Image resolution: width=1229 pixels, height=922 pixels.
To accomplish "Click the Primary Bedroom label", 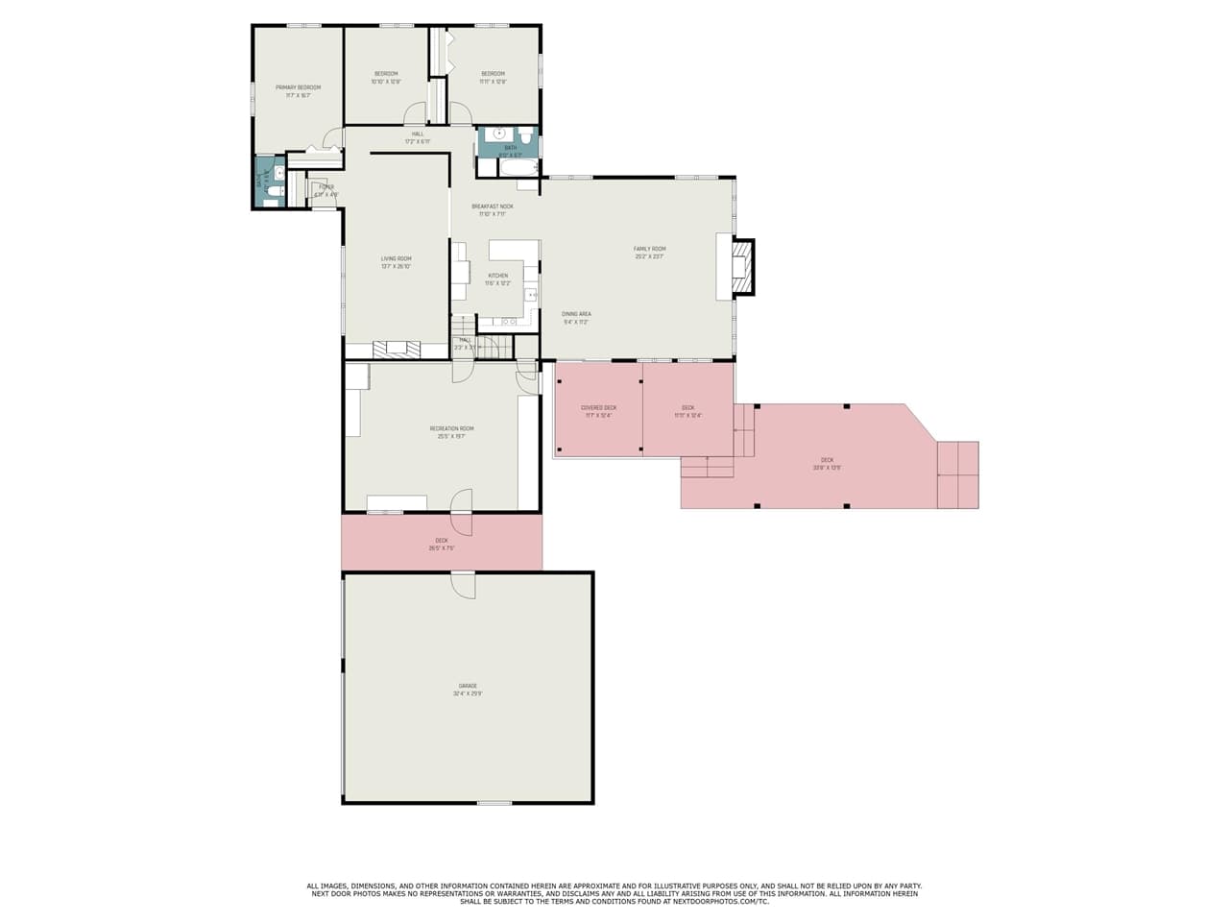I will coord(298,91).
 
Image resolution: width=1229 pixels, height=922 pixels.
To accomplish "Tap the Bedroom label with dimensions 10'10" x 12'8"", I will coord(386,78).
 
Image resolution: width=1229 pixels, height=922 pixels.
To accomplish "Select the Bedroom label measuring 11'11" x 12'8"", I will coord(493,78).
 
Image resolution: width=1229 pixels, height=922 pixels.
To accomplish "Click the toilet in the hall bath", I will coord(525,136).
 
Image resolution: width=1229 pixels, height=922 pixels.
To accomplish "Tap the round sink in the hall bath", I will coord(498,134).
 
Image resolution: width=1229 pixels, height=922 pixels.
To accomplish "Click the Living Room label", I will coord(396,262).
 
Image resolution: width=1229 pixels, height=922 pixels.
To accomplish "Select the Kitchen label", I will coord(497,279).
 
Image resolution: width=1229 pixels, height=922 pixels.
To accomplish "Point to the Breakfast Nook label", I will coord(492,210).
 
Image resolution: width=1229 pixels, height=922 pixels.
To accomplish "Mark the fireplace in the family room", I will coord(739,266).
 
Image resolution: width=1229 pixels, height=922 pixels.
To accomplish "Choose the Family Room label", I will coord(649,253).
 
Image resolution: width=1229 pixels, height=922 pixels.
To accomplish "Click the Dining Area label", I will coord(576,318).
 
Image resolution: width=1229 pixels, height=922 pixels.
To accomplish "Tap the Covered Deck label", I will coord(598,412).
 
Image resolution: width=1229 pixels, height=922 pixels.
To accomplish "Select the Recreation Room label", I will coord(451,432).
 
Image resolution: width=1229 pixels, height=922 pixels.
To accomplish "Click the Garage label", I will coord(468,690).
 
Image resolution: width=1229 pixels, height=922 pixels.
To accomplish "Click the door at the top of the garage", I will coord(463,584).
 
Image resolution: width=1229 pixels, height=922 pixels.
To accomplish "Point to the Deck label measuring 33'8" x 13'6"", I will coord(827,464).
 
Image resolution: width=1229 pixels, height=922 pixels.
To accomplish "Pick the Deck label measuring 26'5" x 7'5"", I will coord(442,545).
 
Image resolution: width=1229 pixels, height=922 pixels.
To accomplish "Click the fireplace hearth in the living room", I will coord(397,350).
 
